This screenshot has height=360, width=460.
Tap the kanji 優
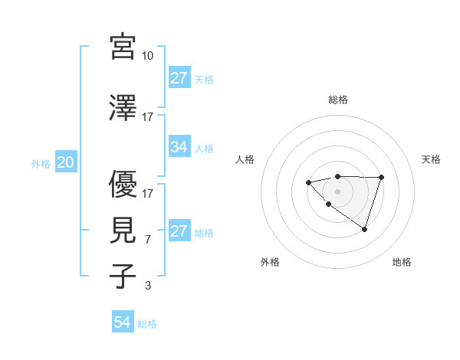pos(123,184)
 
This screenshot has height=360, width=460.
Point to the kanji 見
pos(123,230)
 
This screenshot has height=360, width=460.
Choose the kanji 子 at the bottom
pos(123,276)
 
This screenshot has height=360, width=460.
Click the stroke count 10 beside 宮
pos(148,56)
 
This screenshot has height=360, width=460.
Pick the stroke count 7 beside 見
pos(148,240)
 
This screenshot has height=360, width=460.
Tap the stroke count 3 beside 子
pos(148,286)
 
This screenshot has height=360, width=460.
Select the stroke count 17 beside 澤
pos(148,117)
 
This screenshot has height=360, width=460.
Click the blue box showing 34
pos(179,147)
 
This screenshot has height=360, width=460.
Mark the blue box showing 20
pos(66,162)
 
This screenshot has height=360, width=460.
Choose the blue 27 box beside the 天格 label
pos(179,78)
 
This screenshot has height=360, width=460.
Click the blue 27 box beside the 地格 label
pos(179,231)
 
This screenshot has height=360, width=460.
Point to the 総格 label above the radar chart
pos(338,100)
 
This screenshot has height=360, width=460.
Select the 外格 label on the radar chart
pos(270,262)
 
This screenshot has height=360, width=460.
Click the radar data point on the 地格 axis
pos(365,229)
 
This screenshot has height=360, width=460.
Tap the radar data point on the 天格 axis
pos(382,178)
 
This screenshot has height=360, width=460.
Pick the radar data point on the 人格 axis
pos(308,182)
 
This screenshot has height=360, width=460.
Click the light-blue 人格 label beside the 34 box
pos(204,148)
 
